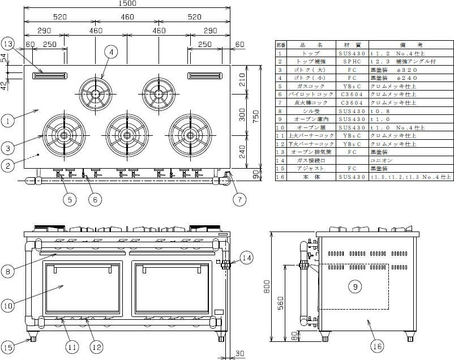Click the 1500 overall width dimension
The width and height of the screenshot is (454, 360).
[x=127, y=4]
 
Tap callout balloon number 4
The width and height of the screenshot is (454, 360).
[x=112, y=52]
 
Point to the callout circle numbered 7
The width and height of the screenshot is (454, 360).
[x=238, y=199]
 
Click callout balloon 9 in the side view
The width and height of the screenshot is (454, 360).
[x=355, y=288]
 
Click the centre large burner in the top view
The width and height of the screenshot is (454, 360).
[x=126, y=134]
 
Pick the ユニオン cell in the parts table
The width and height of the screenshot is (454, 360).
[x=378, y=161]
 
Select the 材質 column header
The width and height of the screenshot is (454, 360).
[x=345, y=45]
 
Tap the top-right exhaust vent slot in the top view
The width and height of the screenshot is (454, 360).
[x=204, y=76]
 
